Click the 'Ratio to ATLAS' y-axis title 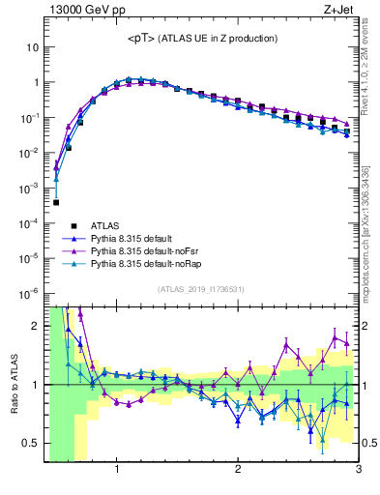(x=14, y=384)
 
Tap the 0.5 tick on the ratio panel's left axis (x=31, y=443)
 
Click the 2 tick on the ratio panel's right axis (x=366, y=326)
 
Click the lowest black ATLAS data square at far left (x=56, y=202)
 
